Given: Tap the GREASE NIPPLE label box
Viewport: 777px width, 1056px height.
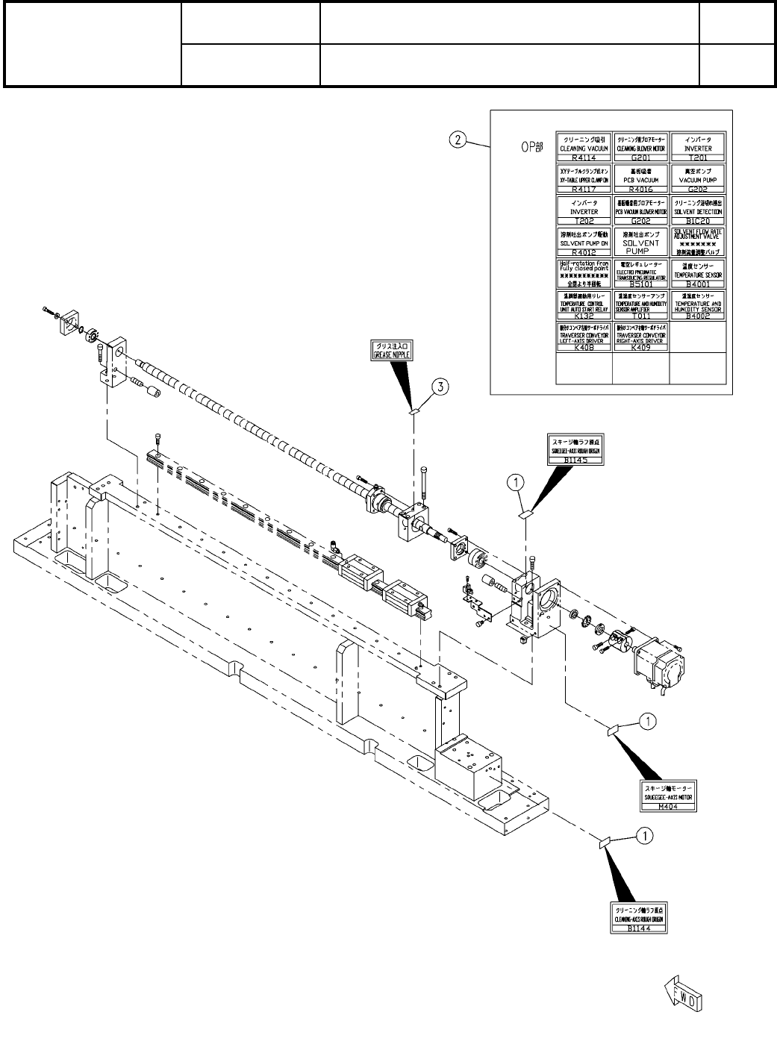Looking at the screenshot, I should [392, 351].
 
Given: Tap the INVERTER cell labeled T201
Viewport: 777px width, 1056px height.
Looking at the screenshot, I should [698, 148].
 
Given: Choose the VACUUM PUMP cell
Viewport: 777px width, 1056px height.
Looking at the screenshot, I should [698, 180].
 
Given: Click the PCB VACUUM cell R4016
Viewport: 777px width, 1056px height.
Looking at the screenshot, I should [641, 180].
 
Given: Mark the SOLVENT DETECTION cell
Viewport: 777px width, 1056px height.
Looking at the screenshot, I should [698, 211].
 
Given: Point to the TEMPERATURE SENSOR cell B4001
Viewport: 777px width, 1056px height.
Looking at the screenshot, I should [698, 274].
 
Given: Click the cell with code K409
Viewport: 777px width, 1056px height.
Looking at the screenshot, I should [641, 337].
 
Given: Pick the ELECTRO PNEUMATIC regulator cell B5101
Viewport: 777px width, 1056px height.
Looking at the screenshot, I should [641, 274].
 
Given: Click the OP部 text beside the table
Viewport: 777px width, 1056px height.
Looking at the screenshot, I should [531, 147].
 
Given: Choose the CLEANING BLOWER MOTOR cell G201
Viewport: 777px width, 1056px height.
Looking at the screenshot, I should [641, 148].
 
